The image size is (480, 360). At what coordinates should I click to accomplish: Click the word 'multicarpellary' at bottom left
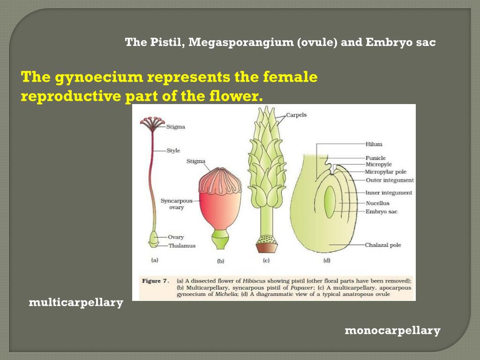pyautogui.click(x=76, y=303)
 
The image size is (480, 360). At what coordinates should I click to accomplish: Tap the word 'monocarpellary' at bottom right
pyautogui.click(x=393, y=331)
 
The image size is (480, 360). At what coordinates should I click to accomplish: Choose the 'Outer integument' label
pyautogui.click(x=390, y=180)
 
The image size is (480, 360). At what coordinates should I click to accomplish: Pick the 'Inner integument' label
pyautogui.click(x=389, y=193)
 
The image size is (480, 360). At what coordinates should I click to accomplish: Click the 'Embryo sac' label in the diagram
pyautogui.click(x=382, y=212)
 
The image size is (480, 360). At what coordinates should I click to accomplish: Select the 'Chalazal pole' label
pyautogui.click(x=383, y=245)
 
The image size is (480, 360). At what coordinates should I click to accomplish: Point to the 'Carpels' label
pyautogui.click(x=296, y=115)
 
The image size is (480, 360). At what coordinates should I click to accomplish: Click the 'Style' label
pyautogui.click(x=173, y=151)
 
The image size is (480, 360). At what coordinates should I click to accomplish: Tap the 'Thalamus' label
pyautogui.click(x=182, y=246)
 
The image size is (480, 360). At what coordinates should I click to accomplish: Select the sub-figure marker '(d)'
pyautogui.click(x=327, y=261)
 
